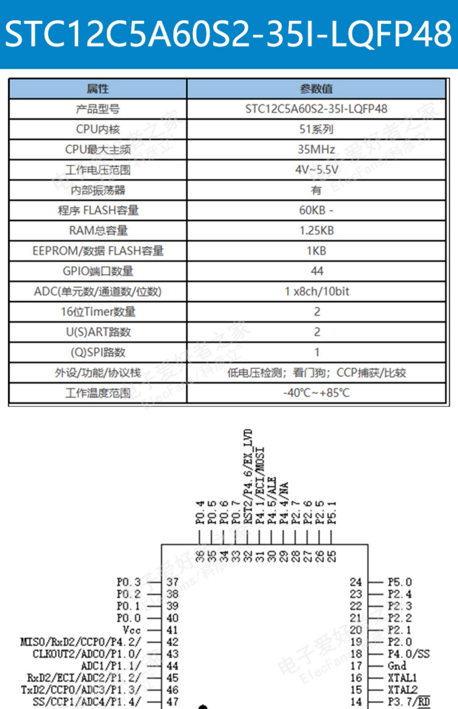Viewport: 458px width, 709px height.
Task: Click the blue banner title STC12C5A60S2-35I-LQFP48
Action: coord(228,34)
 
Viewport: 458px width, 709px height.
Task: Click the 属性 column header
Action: coord(98,89)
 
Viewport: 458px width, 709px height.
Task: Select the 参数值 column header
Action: coord(316,89)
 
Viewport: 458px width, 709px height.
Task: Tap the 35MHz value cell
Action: coord(316,149)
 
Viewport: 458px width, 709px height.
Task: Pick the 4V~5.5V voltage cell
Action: coord(316,169)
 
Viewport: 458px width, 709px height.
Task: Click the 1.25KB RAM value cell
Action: coord(316,231)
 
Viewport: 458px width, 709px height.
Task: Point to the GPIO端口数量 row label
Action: coord(98,271)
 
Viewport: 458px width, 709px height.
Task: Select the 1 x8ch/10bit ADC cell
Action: coord(316,291)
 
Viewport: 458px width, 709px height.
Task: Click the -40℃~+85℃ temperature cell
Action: coord(316,393)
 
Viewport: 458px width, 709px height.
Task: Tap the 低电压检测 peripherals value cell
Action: coord(316,373)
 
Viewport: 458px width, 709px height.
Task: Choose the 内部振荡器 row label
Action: coord(98,190)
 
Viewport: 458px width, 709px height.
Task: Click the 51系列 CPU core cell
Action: coord(316,129)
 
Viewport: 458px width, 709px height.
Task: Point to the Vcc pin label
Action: coord(132,630)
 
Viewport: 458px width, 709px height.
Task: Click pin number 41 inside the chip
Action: coord(172,630)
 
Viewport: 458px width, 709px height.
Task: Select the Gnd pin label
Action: coord(397,666)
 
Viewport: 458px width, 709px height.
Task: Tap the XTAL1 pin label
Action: coord(402,678)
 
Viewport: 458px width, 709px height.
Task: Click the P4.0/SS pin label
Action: coord(409,654)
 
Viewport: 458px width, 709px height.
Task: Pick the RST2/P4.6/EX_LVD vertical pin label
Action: coord(248,477)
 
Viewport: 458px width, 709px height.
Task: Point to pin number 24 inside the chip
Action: coord(356,582)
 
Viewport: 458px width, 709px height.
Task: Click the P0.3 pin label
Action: coord(129,582)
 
